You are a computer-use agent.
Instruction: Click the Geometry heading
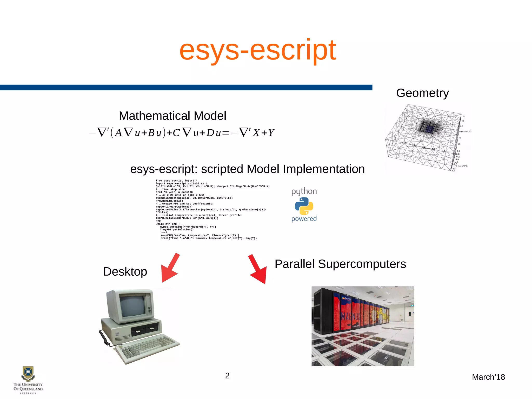422,93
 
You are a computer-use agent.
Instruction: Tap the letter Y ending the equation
271,133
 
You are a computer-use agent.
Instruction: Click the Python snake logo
304,206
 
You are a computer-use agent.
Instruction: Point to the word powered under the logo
304,219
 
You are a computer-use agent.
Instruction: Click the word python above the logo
304,192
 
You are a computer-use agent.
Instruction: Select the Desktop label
125,272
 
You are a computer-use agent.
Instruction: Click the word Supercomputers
362,264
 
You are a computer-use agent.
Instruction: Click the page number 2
227,376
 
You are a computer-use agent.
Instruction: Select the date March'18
488,377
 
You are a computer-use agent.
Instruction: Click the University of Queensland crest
28,373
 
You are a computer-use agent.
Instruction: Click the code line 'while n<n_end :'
168,224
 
